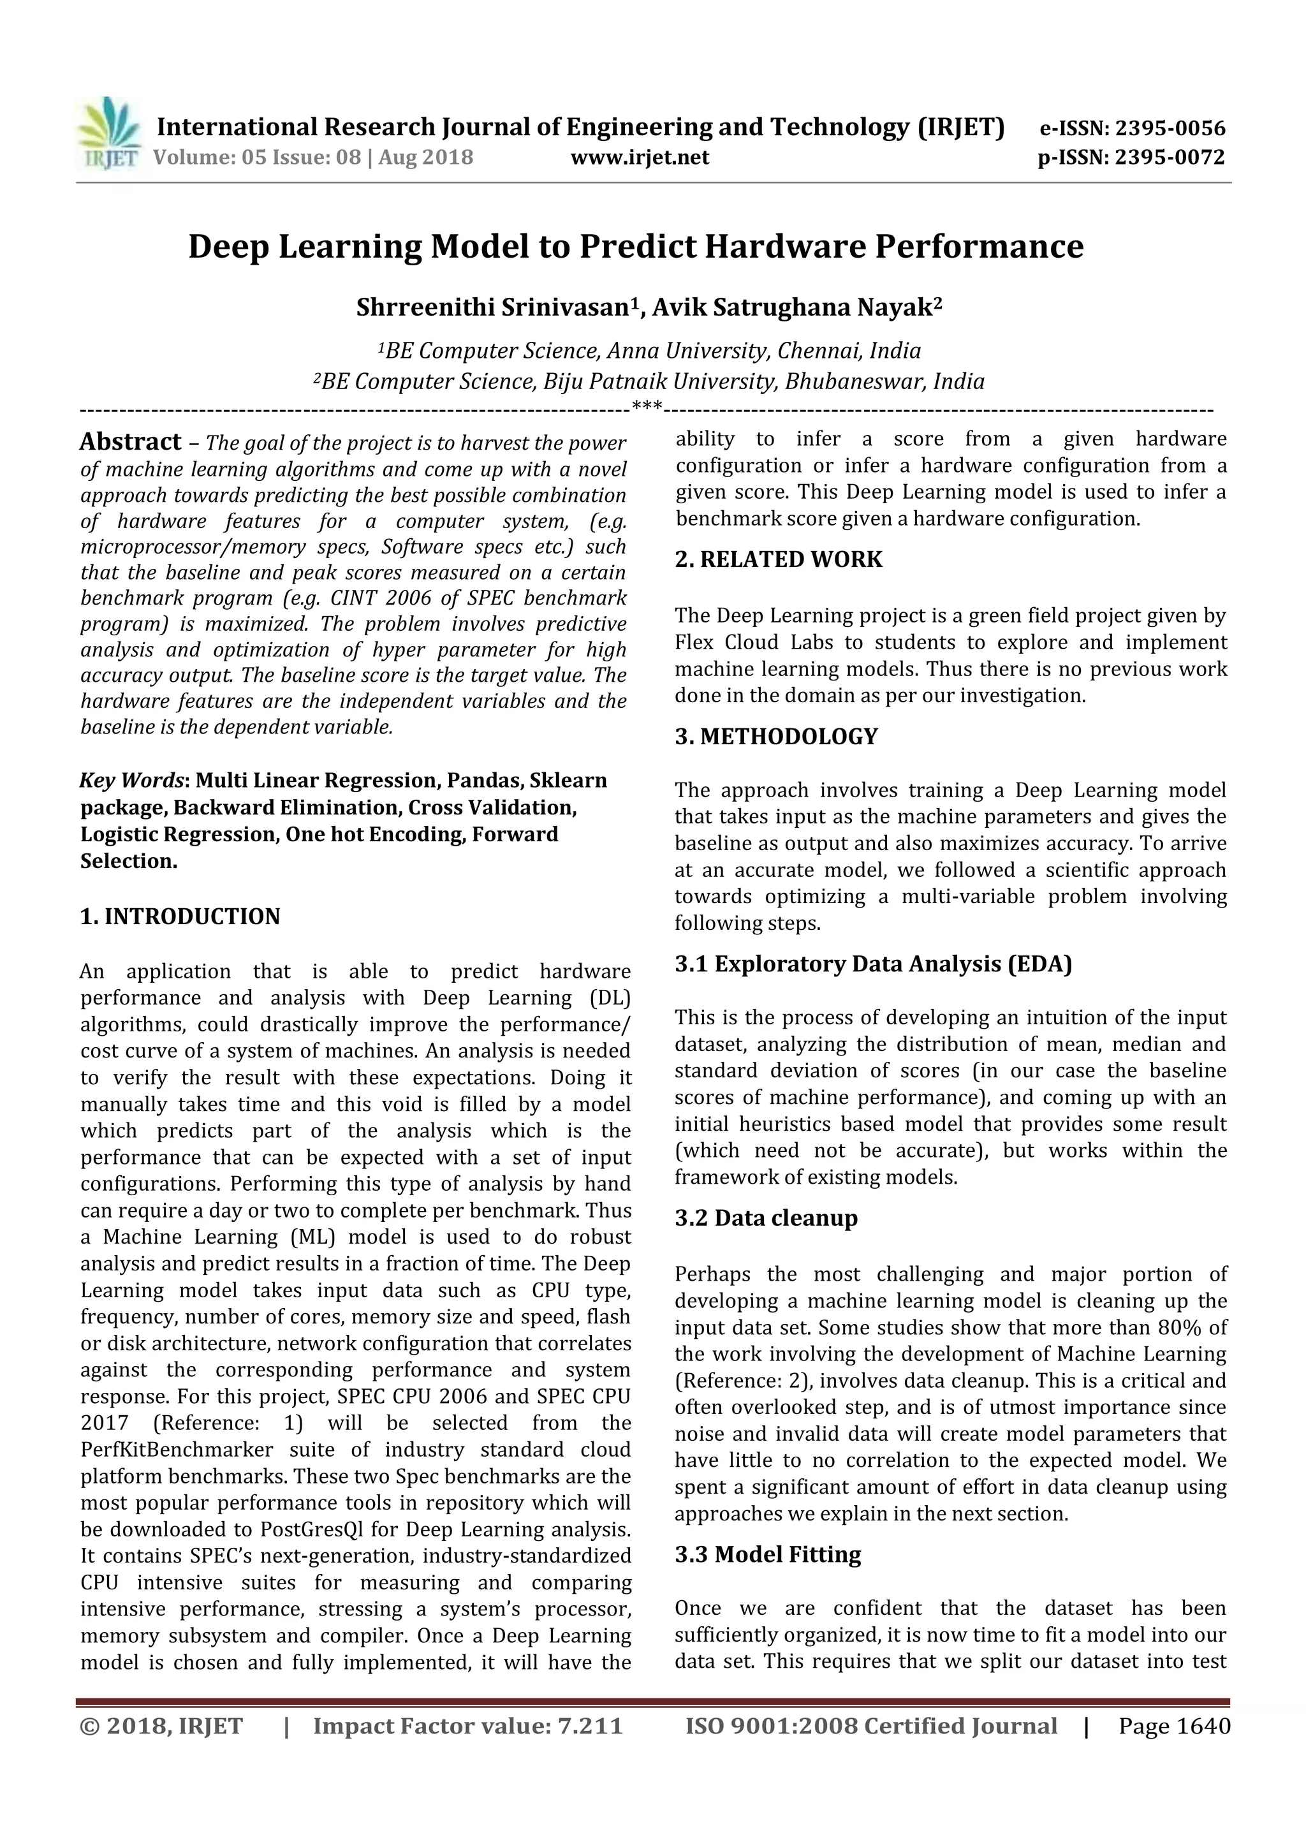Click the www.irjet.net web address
coord(640,157)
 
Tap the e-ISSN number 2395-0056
coord(1170,128)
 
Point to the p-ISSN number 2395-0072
coord(1170,157)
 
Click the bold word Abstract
coord(130,441)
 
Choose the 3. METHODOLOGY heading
coord(776,736)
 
